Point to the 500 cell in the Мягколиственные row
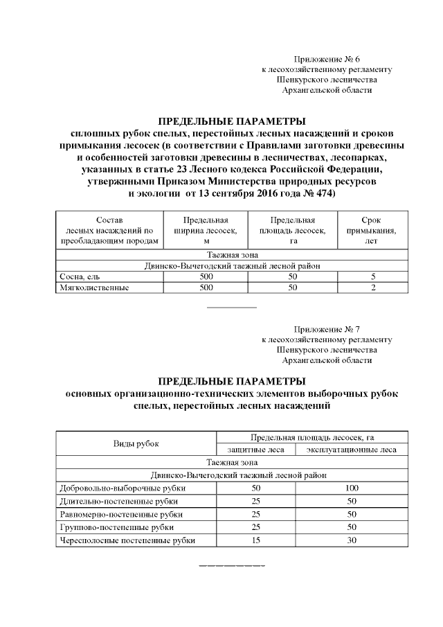click(206, 287)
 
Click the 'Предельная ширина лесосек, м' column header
click(206, 231)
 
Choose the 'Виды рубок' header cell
click(136, 443)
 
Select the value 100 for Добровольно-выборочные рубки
click(351, 488)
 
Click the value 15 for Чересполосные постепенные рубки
click(255, 540)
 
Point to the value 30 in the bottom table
click(351, 540)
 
